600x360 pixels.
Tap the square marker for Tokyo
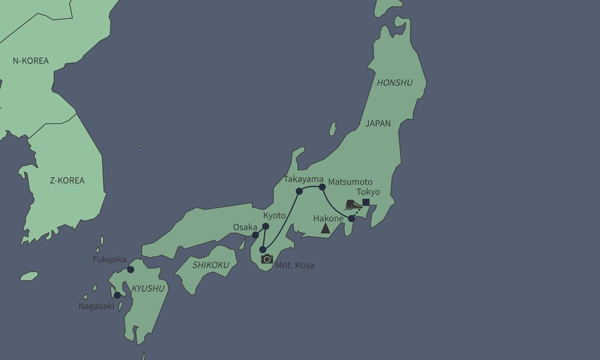[x=365, y=202]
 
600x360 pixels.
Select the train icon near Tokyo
[x=353, y=205]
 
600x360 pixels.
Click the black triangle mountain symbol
[x=325, y=228]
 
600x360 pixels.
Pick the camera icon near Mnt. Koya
[x=267, y=259]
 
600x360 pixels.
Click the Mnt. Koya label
[x=295, y=265]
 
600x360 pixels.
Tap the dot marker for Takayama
[x=299, y=191]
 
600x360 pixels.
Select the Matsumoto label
[x=350, y=181]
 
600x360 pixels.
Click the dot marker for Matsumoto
[x=322, y=187]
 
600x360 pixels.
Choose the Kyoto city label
[x=274, y=215]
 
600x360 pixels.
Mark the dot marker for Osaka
[x=256, y=235]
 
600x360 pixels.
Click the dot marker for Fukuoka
[x=131, y=270]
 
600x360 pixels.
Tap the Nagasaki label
[x=96, y=306]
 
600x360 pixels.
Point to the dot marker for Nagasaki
[x=117, y=295]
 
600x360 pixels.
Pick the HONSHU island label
[x=394, y=83]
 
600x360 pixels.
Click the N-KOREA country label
[x=31, y=61]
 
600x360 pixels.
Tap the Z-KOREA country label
[x=67, y=180]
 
